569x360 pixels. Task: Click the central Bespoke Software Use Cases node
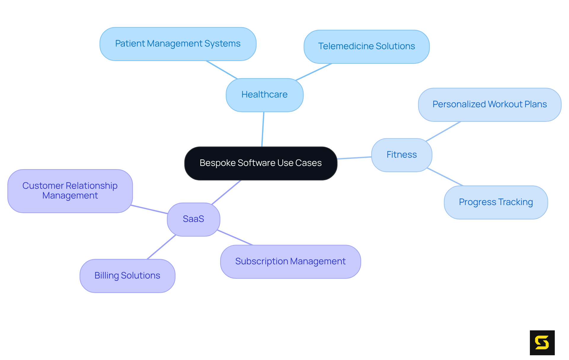[261, 163]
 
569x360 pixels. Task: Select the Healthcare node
[264, 95]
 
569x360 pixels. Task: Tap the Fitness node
[402, 155]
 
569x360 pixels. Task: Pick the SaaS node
[194, 219]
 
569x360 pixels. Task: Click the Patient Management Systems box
[178, 44]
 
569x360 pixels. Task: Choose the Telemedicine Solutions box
[367, 47]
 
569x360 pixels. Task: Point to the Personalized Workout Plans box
[490, 105]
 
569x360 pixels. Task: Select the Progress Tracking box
[496, 202]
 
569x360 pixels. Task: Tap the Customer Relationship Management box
[70, 191]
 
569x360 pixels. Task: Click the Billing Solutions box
[127, 276]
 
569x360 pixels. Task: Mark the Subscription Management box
[290, 262]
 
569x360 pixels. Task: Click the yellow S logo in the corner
[542, 343]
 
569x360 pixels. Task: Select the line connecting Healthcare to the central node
[263, 129]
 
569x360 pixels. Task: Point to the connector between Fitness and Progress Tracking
[445, 177]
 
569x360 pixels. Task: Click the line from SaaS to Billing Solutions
[162, 247]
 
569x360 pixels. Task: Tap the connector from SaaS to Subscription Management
[235, 237]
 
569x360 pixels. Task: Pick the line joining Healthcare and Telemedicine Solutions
[314, 72]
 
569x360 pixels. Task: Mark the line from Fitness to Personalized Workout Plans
[443, 131]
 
